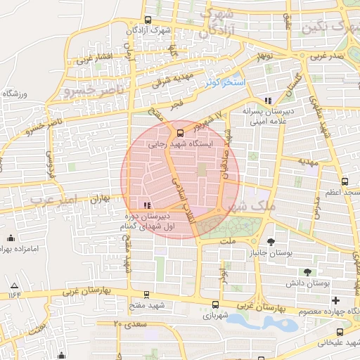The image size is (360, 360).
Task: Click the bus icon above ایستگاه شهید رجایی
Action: point(181,131)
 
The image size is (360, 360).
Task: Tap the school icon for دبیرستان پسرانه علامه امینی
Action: point(267,101)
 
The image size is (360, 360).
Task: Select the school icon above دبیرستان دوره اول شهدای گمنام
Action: point(147,205)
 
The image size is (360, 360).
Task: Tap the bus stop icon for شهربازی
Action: point(214,304)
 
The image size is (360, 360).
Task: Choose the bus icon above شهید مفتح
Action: point(146,295)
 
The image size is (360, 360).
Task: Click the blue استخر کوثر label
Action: point(225,83)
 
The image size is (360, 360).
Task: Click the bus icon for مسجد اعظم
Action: point(345,181)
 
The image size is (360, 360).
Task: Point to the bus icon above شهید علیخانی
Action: point(340,332)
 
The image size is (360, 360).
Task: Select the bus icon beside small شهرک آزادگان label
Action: point(147,20)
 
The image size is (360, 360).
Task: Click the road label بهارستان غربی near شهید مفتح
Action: point(91,290)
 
